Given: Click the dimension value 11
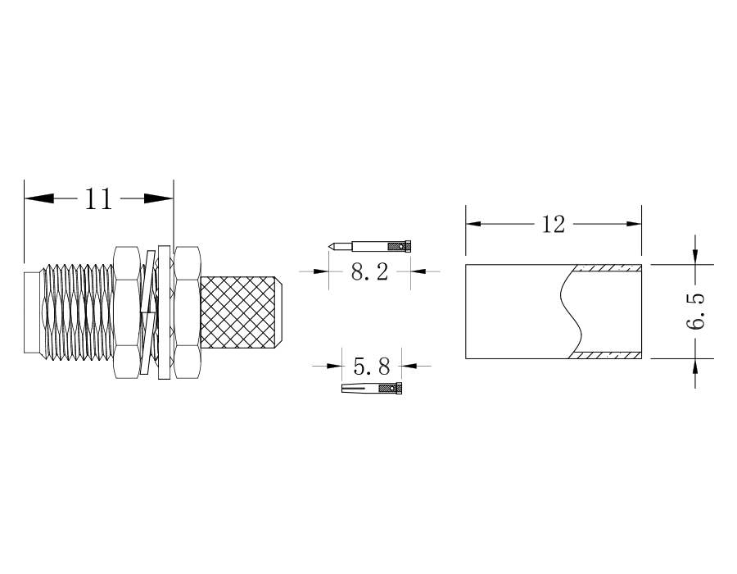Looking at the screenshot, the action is pyautogui.click(x=99, y=199).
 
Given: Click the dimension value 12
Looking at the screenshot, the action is pyautogui.click(x=554, y=225).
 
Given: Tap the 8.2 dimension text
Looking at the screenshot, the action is pyautogui.click(x=370, y=272).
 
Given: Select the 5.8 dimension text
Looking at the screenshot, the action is pyautogui.click(x=372, y=366).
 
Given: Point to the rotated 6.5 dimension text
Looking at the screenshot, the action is pyautogui.click(x=695, y=312).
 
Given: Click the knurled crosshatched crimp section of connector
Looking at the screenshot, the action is pyautogui.click(x=239, y=313).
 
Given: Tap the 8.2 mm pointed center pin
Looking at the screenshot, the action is pyautogui.click(x=369, y=246).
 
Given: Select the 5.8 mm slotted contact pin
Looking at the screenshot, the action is pyautogui.click(x=372, y=388).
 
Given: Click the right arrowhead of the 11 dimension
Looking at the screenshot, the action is pyautogui.click(x=159, y=198).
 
